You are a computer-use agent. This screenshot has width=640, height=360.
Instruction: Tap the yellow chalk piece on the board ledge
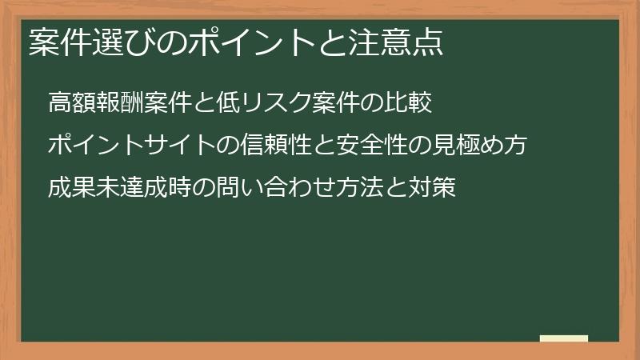(564, 338)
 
